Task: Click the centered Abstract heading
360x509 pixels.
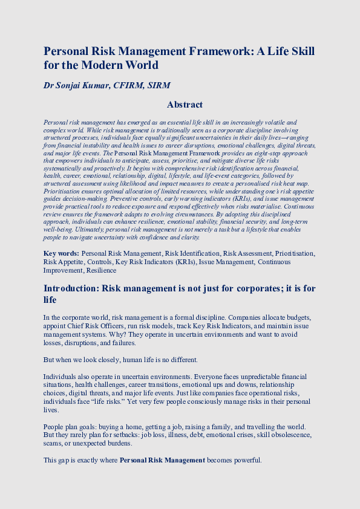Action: click(x=185, y=105)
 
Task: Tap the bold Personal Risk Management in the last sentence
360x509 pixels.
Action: click(x=162, y=461)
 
